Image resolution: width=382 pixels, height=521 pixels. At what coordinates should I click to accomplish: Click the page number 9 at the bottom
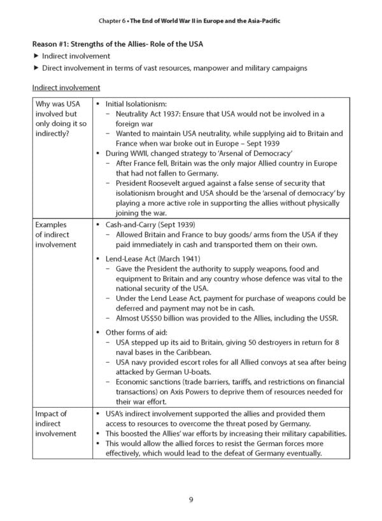coord(191,499)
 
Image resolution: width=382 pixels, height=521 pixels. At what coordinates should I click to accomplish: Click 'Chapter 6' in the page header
coord(113,21)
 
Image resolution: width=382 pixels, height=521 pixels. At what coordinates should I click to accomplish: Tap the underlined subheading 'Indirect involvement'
coord(66,88)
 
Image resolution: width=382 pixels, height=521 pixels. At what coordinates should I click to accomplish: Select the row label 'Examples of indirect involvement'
coord(56,233)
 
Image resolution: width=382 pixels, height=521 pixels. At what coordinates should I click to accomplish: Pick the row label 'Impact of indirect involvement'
coord(56,423)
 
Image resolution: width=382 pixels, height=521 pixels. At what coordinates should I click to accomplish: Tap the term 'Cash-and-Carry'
coord(132,225)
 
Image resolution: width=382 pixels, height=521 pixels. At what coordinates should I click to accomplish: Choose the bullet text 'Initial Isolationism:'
coord(136,104)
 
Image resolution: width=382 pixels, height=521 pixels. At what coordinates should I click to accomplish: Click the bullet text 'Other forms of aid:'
coord(134,333)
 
